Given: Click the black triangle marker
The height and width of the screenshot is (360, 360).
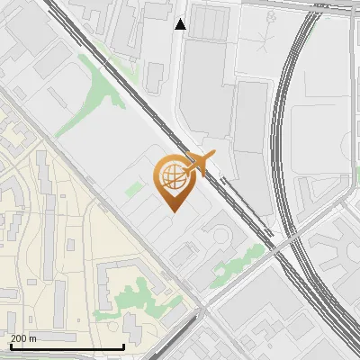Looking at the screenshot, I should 181,24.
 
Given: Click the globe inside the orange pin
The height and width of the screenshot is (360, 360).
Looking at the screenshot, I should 171,177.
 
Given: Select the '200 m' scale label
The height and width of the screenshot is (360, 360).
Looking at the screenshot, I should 23,338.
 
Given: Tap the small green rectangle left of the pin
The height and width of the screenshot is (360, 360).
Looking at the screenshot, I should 134,189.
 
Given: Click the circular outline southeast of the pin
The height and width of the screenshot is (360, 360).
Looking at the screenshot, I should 220,236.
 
